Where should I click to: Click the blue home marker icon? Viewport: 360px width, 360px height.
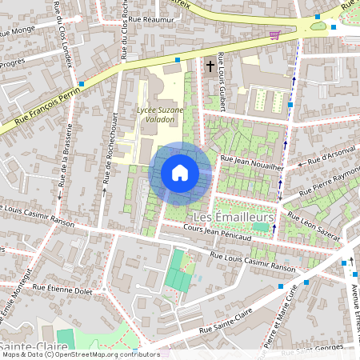(180, 173)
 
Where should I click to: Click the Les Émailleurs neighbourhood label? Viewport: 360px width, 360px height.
(234, 218)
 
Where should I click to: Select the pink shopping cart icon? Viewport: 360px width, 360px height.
(275, 34)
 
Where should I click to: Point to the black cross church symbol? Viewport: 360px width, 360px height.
(211, 66)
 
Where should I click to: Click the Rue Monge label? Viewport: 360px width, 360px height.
(19, 33)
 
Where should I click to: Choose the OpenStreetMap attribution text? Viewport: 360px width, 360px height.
(80, 354)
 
